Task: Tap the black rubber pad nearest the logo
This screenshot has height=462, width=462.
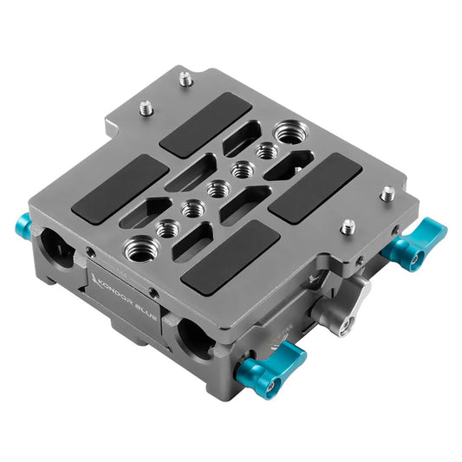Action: pyautogui.click(x=230, y=253)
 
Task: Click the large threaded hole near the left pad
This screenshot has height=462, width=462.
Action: pyautogui.click(x=140, y=251)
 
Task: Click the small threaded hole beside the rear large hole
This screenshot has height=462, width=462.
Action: pyautogui.click(x=267, y=151)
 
